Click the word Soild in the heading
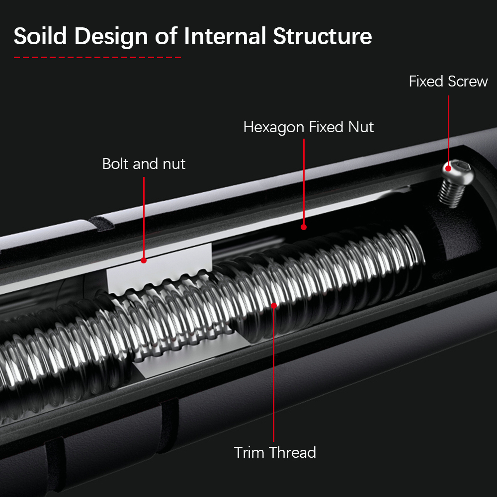point(41,36)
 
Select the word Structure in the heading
point(323,36)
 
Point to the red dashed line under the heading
point(97,58)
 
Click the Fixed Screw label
point(448,81)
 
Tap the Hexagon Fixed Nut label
point(308,127)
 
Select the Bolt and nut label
point(144,164)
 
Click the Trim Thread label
point(275,452)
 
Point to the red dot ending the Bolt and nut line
point(144,260)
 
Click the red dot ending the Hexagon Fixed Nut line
point(304,227)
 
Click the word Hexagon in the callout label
point(273,127)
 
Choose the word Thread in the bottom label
point(293,452)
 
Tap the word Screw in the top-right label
point(468,81)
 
